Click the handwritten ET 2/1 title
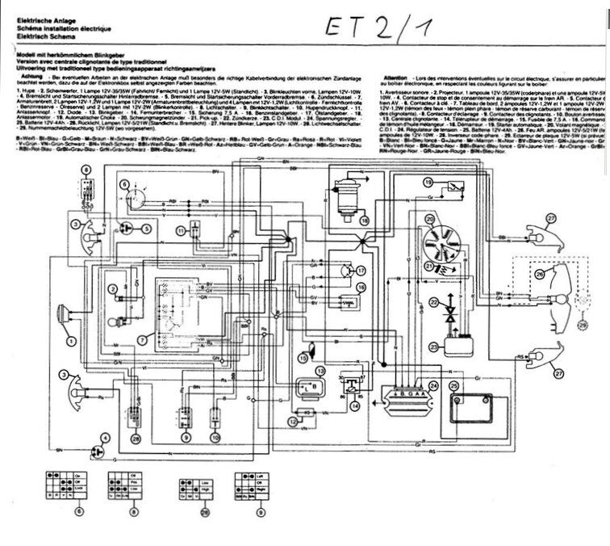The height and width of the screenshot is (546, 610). (380, 27)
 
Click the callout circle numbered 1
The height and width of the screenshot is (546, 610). (71, 342)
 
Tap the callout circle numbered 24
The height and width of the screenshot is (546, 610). (434, 385)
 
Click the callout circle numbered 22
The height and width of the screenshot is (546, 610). (433, 303)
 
